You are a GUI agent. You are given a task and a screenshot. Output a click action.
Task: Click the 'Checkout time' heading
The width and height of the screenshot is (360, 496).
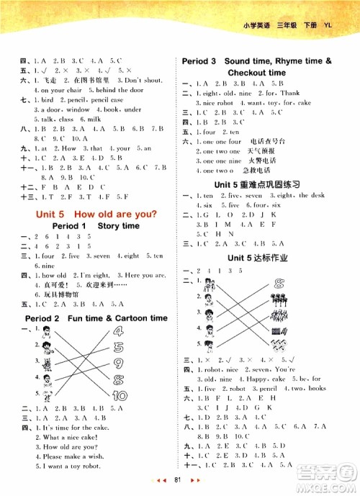click(256, 73)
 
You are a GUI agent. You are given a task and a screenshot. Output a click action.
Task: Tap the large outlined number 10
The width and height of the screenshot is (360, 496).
click(119, 395)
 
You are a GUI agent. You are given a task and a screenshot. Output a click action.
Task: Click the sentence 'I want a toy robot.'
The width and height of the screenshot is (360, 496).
click(73, 466)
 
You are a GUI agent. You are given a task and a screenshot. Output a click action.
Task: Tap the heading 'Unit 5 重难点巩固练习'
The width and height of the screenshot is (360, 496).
click(257, 185)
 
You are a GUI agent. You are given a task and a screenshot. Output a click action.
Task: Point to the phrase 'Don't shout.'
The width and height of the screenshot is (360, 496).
click(140, 81)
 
